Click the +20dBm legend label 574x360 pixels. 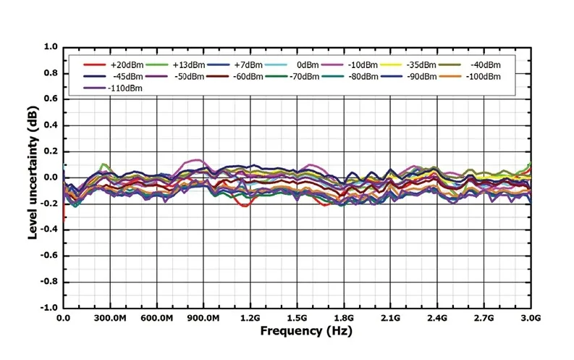127,65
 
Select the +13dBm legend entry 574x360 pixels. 188,65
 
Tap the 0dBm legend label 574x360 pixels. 308,65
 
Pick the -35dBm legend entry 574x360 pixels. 421,65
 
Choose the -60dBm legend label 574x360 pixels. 248,77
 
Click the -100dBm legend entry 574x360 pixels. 483,77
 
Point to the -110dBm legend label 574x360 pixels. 124,88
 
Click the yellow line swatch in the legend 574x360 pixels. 392,65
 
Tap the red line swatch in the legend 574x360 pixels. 95,65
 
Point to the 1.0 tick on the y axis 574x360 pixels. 51,47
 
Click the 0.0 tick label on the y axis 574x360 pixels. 51,177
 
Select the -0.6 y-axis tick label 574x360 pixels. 49,256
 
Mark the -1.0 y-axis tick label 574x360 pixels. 49,308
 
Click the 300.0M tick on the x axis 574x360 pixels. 110,318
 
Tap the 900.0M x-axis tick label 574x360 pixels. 203,318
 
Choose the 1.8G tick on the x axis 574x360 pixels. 344,318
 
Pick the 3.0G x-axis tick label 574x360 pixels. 531,318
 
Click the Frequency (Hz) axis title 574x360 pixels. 306,331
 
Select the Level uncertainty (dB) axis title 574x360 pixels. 33,172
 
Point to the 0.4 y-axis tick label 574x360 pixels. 51,125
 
